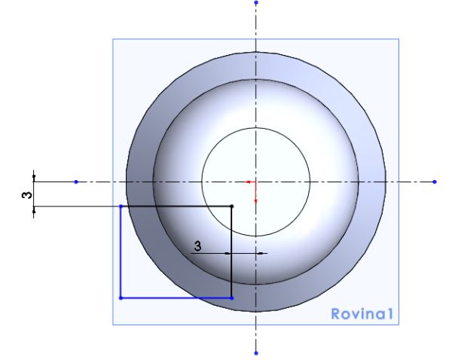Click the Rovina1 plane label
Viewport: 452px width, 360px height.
point(362,314)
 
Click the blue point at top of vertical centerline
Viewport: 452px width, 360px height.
point(256,2)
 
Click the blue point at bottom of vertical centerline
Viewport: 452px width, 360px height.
point(256,353)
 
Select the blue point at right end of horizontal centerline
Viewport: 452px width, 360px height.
point(435,182)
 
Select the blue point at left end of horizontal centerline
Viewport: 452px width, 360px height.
point(76,182)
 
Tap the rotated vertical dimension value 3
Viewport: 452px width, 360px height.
point(27,195)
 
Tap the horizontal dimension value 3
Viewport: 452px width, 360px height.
point(197,246)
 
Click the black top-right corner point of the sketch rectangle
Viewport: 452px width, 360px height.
point(232,206)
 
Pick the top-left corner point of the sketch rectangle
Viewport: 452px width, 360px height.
point(121,206)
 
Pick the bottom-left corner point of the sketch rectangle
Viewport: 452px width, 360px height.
point(121,298)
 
